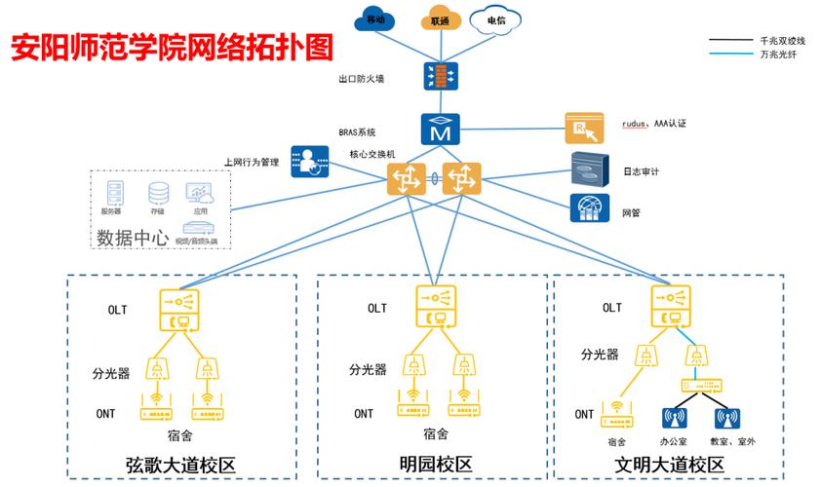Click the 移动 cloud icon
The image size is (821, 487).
pos(375,20)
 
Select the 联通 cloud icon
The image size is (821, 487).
pos(438,20)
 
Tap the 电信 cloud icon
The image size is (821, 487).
pos(495,20)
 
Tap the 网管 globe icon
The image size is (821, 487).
pos(588,207)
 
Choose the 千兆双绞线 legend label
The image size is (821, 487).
pos(782,41)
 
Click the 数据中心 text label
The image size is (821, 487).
pos(133,237)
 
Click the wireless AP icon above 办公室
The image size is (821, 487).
pos(673,418)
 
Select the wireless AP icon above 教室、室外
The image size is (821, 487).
pos(726,418)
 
